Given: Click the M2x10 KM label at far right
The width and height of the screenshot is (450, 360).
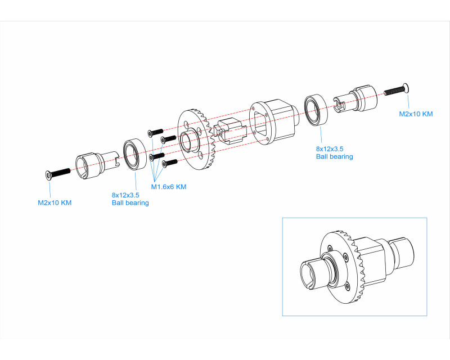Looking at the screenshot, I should tap(416, 114).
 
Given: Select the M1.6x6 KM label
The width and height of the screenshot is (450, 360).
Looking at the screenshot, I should tap(168, 187).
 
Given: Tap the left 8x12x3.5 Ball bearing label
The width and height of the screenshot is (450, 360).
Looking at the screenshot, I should tap(130, 199).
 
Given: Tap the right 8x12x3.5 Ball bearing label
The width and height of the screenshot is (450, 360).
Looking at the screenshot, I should tap(334, 152).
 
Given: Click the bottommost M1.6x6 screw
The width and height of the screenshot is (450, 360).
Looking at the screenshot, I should tap(169, 163).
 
